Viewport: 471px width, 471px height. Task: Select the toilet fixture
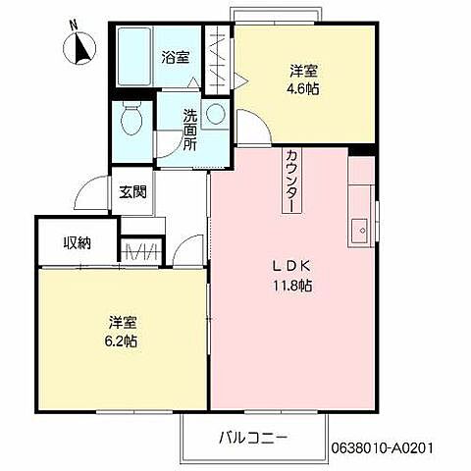[x=130, y=121]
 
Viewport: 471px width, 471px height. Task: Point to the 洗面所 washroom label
[x=189, y=128]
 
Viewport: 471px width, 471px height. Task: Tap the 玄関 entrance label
[x=133, y=192]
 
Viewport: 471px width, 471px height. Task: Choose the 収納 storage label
[x=78, y=242]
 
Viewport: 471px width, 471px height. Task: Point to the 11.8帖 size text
[x=291, y=286]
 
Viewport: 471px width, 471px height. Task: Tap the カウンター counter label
[x=293, y=182]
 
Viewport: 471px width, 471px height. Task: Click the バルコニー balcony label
[x=252, y=437]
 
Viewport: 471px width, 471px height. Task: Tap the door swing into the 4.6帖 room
[x=249, y=126]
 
